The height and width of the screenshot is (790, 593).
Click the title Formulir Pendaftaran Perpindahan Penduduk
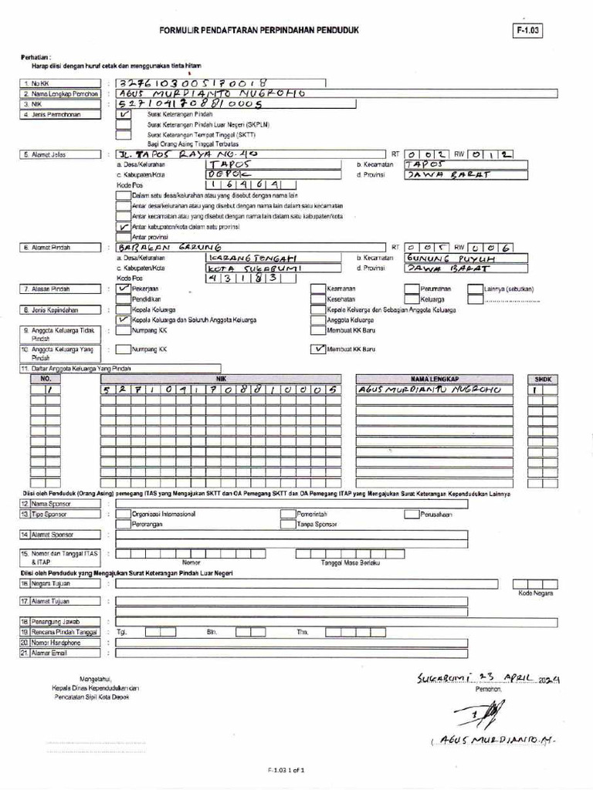(x=259, y=30)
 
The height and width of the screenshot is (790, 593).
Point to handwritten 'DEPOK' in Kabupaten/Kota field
(x=231, y=174)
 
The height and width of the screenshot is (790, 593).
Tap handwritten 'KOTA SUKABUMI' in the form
(x=243, y=268)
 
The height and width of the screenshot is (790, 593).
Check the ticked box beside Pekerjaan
(x=124, y=289)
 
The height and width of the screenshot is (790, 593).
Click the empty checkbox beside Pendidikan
(x=124, y=299)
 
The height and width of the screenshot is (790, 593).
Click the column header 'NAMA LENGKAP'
(x=434, y=379)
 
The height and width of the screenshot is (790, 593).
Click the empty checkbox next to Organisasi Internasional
(x=123, y=513)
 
